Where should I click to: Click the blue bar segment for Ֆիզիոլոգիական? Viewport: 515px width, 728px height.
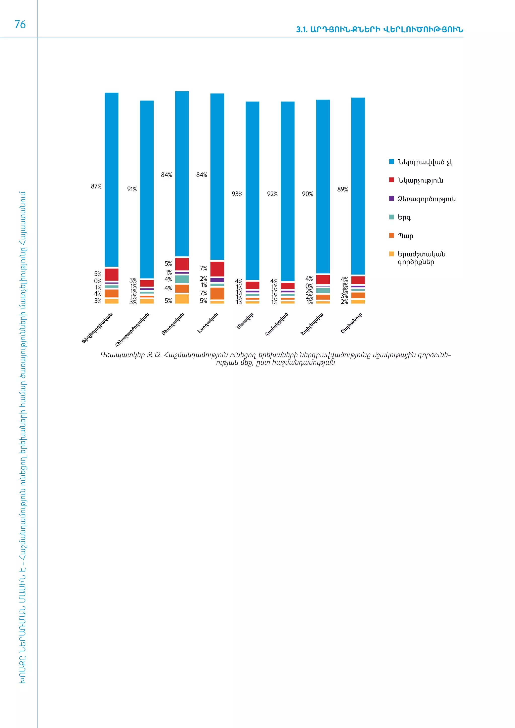(x=111, y=179)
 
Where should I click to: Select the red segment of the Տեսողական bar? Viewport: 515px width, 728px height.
(x=182, y=264)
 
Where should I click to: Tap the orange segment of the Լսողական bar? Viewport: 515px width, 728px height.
(x=217, y=293)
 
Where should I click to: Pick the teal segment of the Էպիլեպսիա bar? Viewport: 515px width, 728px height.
(x=323, y=290)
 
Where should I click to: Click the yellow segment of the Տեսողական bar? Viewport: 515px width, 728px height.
(x=182, y=299)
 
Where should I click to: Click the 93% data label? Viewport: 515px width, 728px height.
(x=237, y=194)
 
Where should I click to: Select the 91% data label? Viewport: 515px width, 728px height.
(x=132, y=189)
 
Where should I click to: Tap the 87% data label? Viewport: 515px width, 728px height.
(x=96, y=186)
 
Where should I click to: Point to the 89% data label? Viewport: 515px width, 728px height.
(x=342, y=189)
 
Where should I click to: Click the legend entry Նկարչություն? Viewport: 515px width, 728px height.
(x=420, y=180)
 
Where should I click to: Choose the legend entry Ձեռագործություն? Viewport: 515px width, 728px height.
(x=426, y=199)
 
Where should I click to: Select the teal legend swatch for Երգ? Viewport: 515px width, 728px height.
(x=392, y=217)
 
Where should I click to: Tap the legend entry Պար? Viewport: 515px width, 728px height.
(x=405, y=236)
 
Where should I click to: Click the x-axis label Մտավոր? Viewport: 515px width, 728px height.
(x=245, y=321)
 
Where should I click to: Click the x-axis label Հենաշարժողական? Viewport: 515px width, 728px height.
(x=132, y=330)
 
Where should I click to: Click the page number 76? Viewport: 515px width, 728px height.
(x=20, y=24)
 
